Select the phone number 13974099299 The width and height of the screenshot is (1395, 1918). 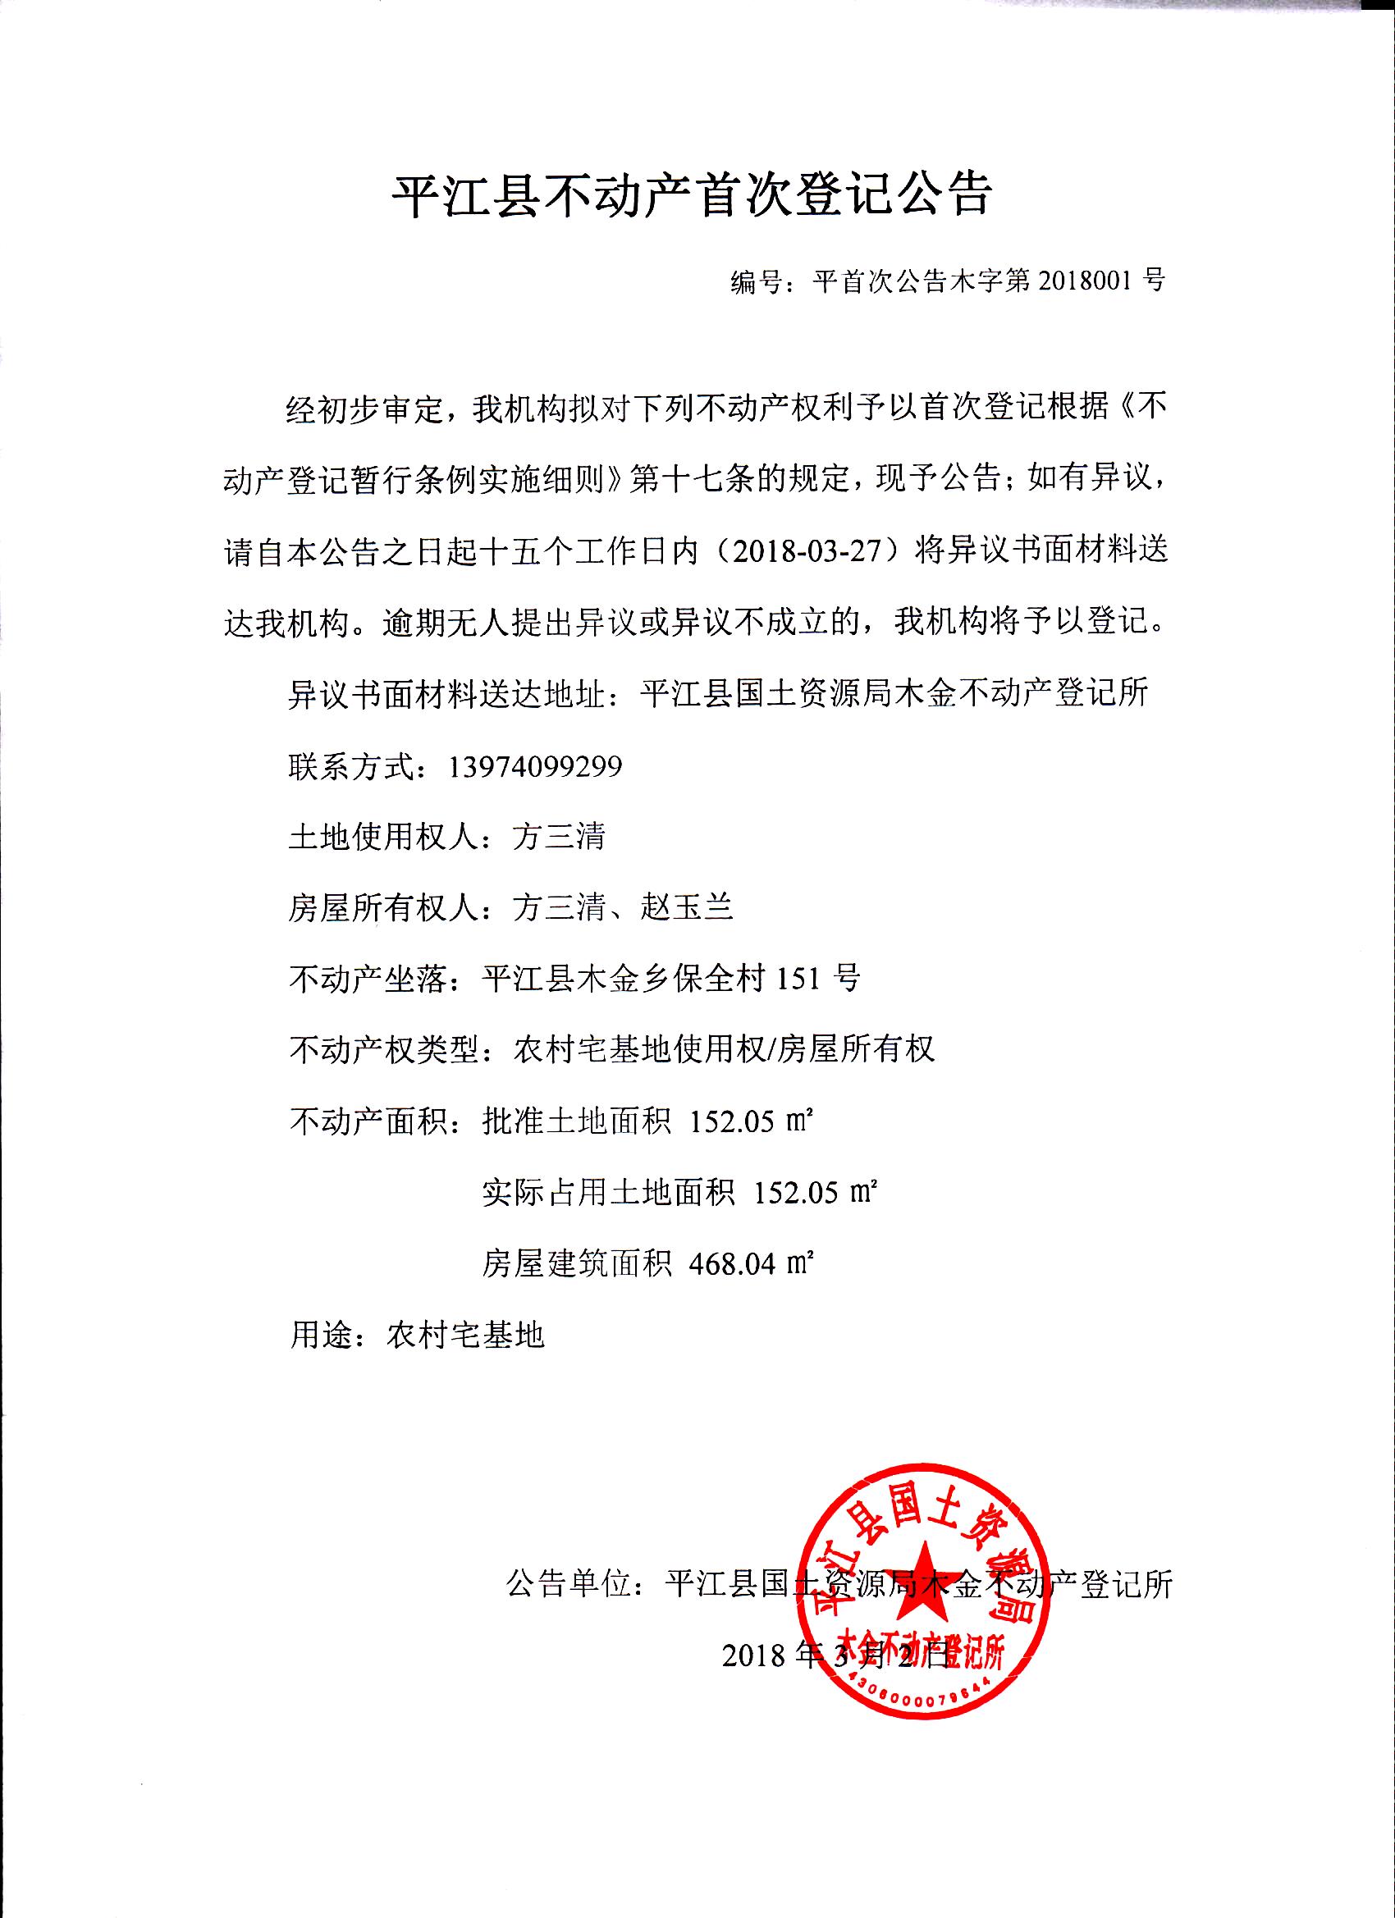[536, 766]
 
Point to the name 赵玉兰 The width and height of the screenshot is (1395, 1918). [687, 908]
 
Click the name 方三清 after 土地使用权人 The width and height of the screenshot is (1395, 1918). [559, 838]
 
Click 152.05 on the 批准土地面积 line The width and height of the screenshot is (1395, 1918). [733, 1121]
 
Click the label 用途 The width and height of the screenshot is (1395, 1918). [322, 1335]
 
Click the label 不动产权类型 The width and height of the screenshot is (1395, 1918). [386, 1050]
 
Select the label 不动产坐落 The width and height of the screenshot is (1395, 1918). [370, 980]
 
